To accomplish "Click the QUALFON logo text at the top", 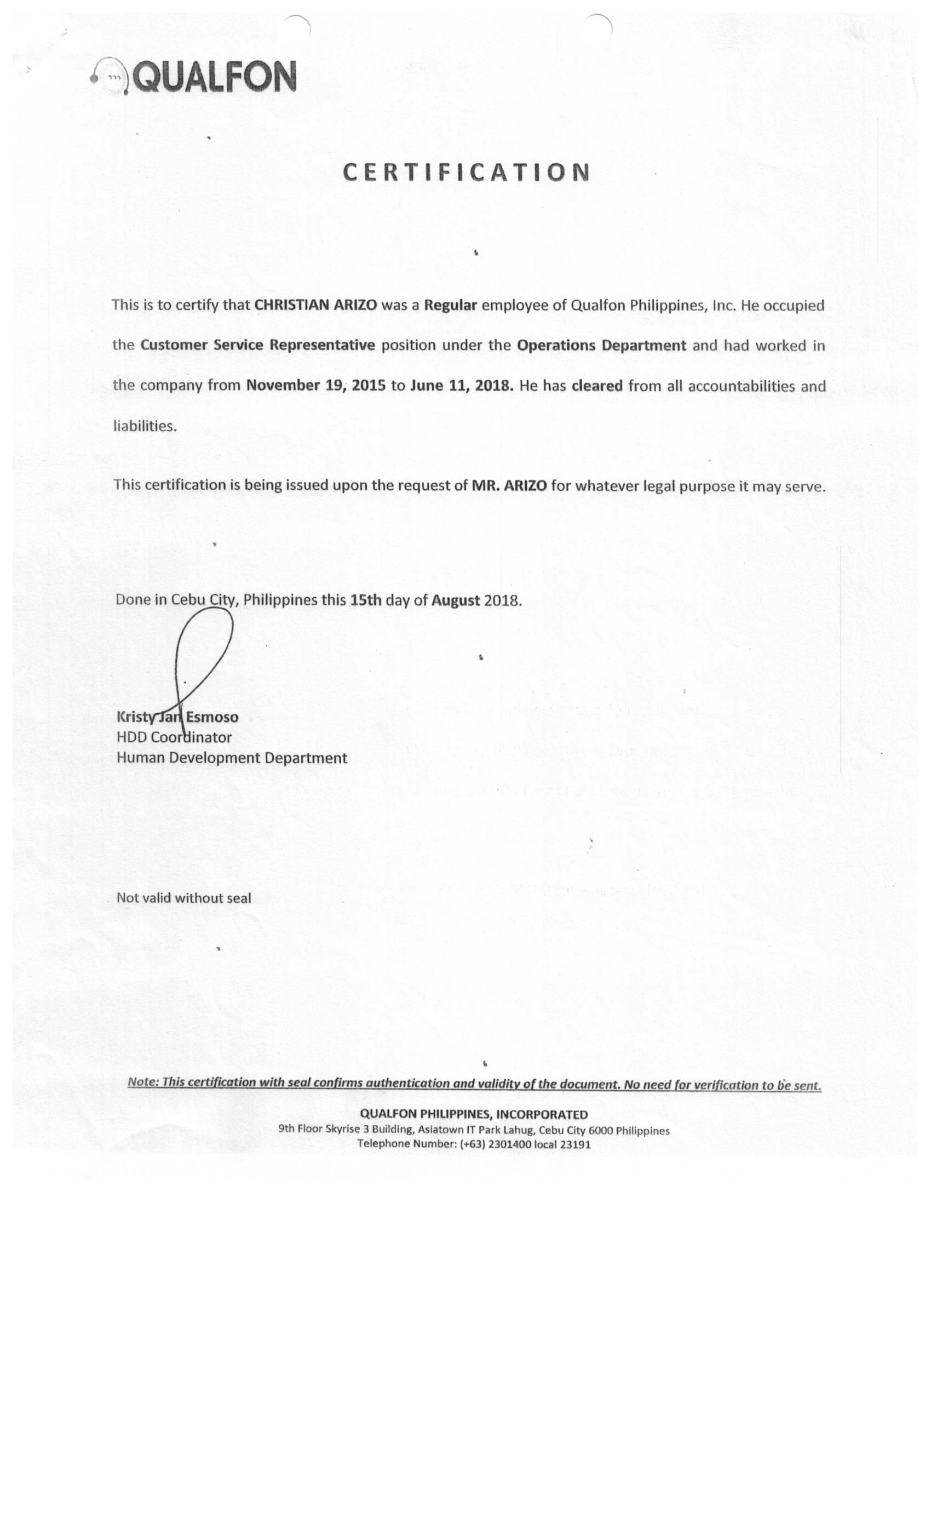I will [x=215, y=77].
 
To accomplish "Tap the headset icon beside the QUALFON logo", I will [x=110, y=77].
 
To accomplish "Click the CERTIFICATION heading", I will [x=465, y=172].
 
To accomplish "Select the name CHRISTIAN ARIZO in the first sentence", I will [x=315, y=305].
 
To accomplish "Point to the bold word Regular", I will [x=450, y=305].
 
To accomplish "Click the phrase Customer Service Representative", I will [x=257, y=345].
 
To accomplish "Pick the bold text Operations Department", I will [x=601, y=346].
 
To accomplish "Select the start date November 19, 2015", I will [x=315, y=385].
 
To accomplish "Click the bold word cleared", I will [x=597, y=385].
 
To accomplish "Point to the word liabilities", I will [x=145, y=426].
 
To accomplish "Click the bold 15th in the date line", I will [x=365, y=600].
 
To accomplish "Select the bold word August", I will [x=456, y=600].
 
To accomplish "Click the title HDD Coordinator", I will [x=174, y=737].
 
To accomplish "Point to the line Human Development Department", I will [x=232, y=758].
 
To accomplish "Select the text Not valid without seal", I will [x=183, y=898].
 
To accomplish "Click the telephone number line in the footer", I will [x=474, y=1144].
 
